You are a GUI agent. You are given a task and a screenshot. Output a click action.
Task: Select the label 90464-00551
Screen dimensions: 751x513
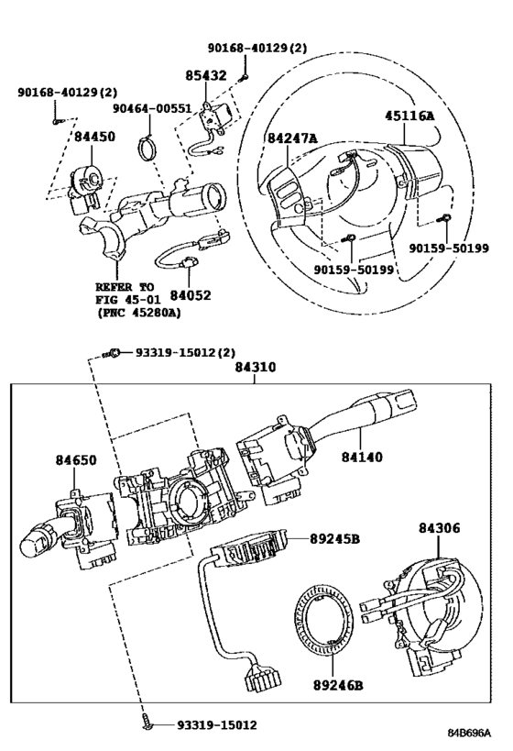click(152, 108)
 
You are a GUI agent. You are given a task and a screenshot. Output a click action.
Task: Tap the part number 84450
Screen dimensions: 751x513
click(94, 137)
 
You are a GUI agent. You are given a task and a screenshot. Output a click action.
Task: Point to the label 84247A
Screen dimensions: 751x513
click(292, 138)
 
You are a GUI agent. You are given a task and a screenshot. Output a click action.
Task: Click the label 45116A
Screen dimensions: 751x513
click(409, 116)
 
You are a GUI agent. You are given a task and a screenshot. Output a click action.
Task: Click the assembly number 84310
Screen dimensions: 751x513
click(257, 369)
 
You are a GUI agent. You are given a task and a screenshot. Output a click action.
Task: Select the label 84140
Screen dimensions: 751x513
click(363, 456)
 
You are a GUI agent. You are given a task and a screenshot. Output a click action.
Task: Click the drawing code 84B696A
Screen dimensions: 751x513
click(469, 734)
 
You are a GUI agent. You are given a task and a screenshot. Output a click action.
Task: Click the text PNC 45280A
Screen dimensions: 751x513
click(137, 312)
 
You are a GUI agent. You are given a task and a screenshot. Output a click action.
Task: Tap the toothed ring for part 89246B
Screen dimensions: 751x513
click(321, 624)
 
